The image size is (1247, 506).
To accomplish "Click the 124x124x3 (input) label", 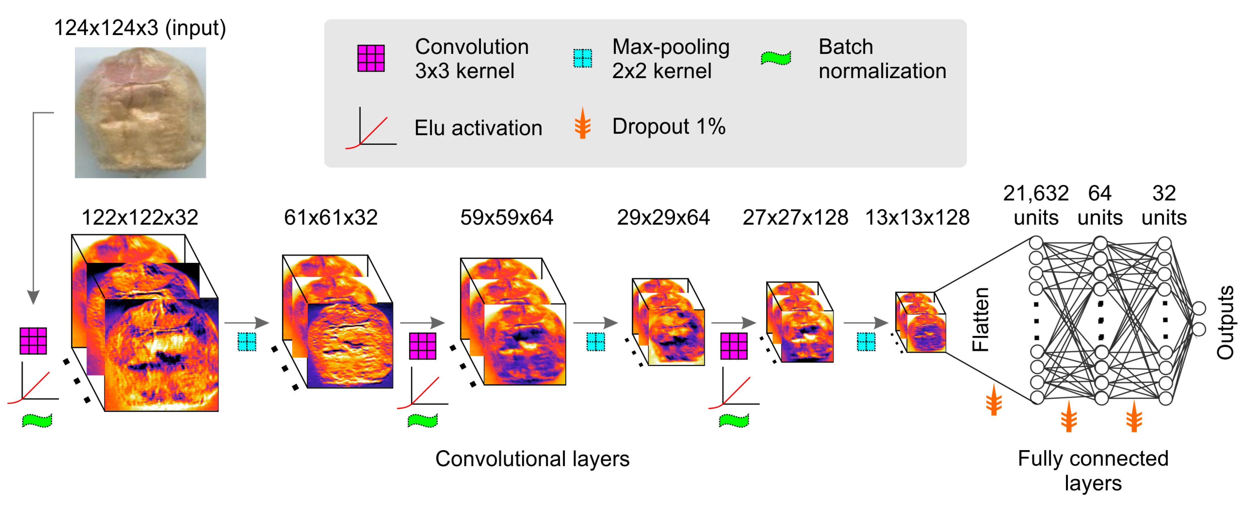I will (x=140, y=28).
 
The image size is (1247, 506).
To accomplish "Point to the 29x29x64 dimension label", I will (x=663, y=217).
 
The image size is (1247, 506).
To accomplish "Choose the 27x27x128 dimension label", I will (x=795, y=217).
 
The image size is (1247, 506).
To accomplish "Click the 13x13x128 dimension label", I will (x=917, y=217).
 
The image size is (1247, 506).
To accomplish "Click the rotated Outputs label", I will (x=1225, y=322).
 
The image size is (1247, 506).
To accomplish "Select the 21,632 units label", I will (x=1036, y=205).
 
